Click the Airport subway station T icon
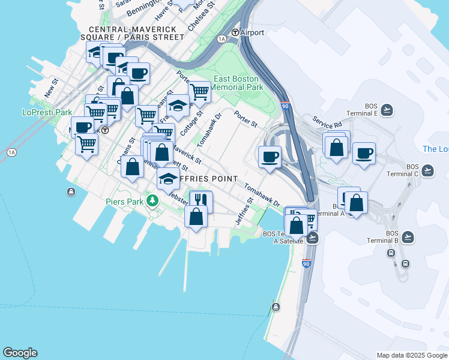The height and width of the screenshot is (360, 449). (x=235, y=32)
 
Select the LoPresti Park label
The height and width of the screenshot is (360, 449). (x=47, y=112)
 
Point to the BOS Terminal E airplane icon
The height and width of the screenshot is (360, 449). (x=387, y=110)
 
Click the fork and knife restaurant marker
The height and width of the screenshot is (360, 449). (x=201, y=202)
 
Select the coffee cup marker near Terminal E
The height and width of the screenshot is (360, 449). (x=364, y=154)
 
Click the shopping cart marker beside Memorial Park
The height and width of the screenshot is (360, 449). (x=199, y=92)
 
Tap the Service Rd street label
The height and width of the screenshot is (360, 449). (x=326, y=122)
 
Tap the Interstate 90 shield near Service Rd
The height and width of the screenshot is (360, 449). (x=286, y=106)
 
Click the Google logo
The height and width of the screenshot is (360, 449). (x=20, y=353)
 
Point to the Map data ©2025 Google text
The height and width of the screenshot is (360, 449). (x=412, y=355)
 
